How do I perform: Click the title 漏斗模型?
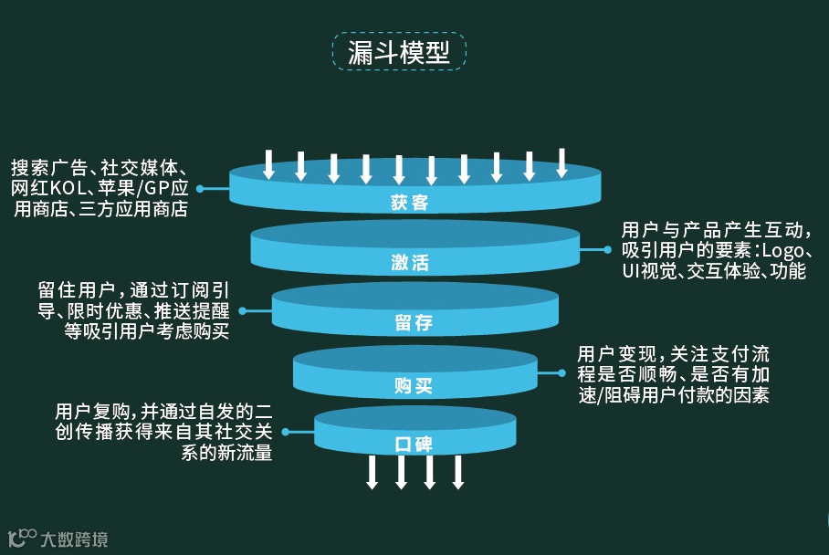point(399,52)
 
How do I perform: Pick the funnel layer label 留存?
point(414,323)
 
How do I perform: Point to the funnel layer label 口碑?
point(414,445)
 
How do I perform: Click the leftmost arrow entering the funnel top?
point(268,163)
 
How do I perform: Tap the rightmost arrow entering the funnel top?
point(561,163)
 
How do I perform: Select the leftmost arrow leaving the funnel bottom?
point(372,471)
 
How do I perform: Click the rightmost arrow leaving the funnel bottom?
point(458,471)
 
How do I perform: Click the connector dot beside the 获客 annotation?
point(200,189)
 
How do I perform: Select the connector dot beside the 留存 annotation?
point(243,310)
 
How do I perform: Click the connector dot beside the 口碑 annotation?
point(286,431)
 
